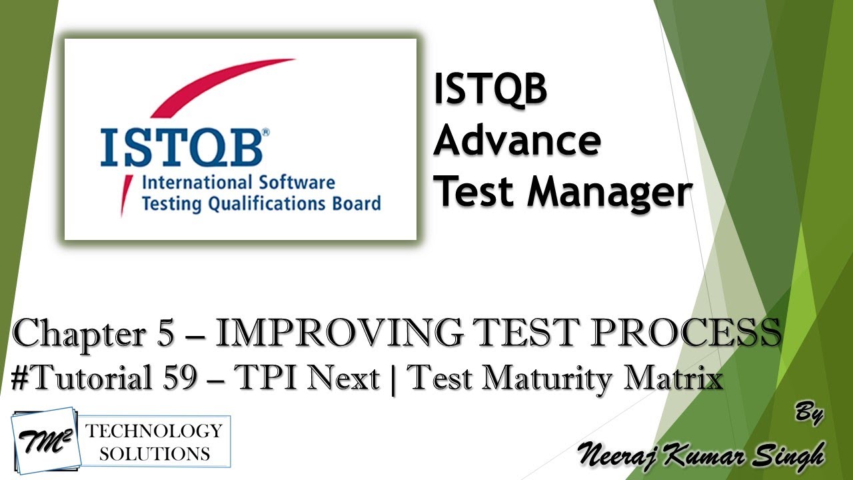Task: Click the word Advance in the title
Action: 517,141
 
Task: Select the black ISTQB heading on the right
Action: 490,90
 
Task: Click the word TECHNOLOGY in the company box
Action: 154,431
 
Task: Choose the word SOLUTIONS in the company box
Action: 154,454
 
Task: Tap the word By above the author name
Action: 809,413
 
